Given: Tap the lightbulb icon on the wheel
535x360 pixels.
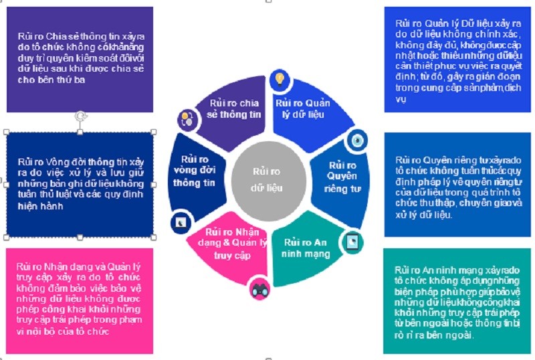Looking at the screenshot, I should point(281,80).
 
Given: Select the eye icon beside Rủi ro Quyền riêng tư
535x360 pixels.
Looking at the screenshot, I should point(357,140).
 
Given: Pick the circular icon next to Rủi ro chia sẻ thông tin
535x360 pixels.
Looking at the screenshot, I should point(187,120).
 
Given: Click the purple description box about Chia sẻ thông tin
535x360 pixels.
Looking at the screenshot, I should point(80,59).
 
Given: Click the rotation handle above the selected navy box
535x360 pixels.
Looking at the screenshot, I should point(80,116).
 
